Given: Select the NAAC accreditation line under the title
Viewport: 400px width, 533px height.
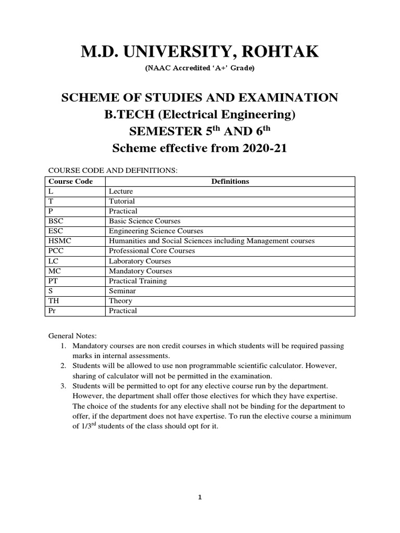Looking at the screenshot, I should [x=199, y=68].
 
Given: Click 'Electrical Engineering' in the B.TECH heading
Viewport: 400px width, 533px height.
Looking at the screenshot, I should [x=227, y=115].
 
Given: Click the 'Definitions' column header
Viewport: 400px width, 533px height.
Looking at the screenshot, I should [x=230, y=181].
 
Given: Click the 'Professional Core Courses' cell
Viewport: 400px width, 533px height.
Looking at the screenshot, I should [x=152, y=251].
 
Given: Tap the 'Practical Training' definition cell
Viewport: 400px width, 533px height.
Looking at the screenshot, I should [x=137, y=281].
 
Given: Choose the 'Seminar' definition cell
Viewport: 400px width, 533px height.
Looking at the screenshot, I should [x=121, y=291].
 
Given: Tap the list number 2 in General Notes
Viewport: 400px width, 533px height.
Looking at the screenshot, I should [x=64, y=366].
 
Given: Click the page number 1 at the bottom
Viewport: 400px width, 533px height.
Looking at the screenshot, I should [x=199, y=497].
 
